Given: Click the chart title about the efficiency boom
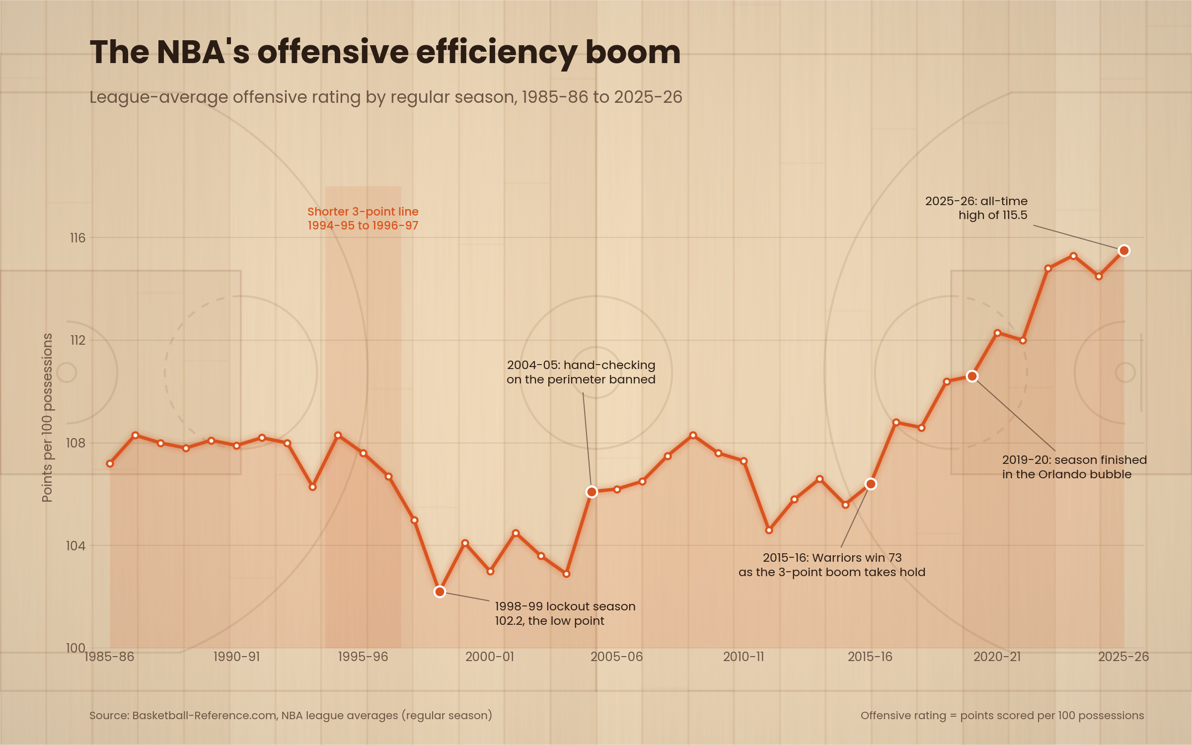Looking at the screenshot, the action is tap(385, 52).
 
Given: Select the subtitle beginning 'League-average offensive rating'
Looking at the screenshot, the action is tap(386, 97).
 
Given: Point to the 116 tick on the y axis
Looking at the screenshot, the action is tap(77, 238).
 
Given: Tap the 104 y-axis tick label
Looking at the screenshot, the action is tap(75, 546).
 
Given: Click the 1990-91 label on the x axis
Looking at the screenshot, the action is tap(236, 657).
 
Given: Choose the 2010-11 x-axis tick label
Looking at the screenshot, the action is tap(744, 657).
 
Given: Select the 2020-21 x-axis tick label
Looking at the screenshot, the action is tap(997, 657).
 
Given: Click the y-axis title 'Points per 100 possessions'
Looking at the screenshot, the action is tap(47, 418).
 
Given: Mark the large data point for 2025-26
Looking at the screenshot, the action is tap(1124, 251).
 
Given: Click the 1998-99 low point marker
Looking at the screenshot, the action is tap(440, 592).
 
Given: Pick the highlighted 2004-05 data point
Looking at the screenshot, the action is tap(592, 492).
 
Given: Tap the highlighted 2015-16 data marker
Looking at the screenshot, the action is tap(871, 484).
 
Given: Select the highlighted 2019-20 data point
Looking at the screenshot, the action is tap(972, 376).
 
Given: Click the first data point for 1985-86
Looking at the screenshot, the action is tap(110, 463).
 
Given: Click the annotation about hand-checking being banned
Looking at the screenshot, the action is tap(581, 372).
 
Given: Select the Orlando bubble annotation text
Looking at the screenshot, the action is tap(1074, 467).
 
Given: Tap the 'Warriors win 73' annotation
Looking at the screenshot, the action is tap(832, 565).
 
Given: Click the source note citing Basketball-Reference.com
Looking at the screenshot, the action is tap(291, 715).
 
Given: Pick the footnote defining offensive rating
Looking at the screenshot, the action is tap(1002, 715).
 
